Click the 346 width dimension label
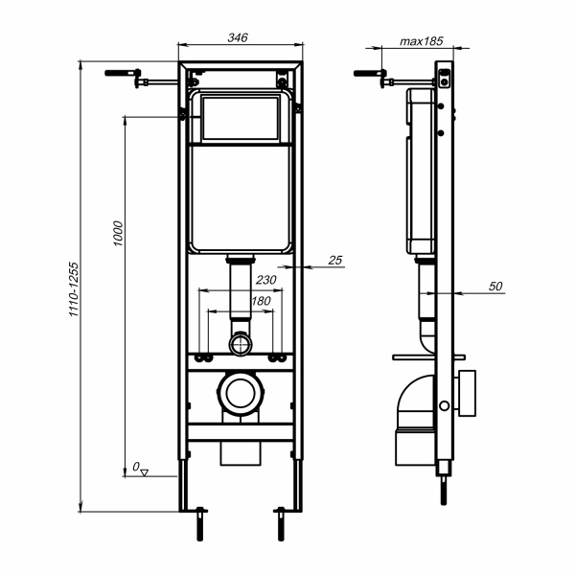click(x=238, y=37)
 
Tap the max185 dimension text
click(x=422, y=41)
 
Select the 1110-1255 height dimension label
click(x=74, y=289)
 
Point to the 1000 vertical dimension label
click(x=118, y=233)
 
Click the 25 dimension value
click(x=334, y=260)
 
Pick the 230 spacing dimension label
click(x=265, y=280)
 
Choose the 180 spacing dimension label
click(x=261, y=301)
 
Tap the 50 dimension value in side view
click(x=495, y=286)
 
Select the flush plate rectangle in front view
click(x=241, y=118)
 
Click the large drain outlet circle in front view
click(x=241, y=393)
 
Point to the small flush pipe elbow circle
click(x=241, y=344)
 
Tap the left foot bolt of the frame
click(x=200, y=523)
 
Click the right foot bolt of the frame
click(x=281, y=523)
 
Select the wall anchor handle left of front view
click(x=123, y=73)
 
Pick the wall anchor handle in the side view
click(x=370, y=73)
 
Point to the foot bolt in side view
click(x=444, y=491)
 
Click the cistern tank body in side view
click(x=421, y=172)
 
